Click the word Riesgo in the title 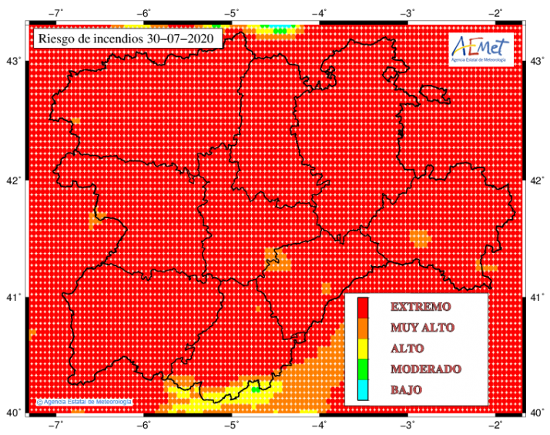click(55, 38)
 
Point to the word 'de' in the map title click(82, 38)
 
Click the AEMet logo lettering click(481, 45)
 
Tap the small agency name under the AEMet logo click(481, 60)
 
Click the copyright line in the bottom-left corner click(85, 402)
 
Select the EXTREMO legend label click(421, 307)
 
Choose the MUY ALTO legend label click(422, 328)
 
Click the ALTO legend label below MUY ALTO click(407, 349)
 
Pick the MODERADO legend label click(426, 369)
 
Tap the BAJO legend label click(406, 390)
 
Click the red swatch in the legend click(362, 307)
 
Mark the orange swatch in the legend click(362, 328)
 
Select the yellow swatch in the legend click(362, 349)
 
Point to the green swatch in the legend click(362, 369)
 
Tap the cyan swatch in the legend click(362, 390)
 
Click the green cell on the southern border click(256, 389)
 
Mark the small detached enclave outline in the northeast click(434, 96)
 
